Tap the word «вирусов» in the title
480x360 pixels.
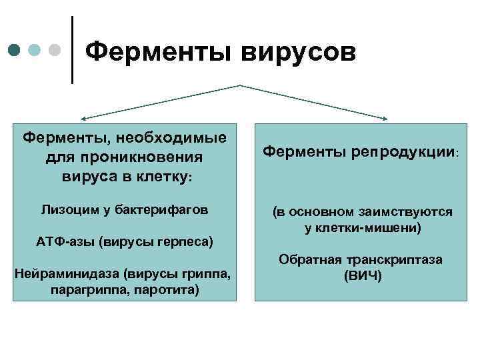pos(298,49)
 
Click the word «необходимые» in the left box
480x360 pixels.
pos(172,138)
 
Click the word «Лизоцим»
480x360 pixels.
pos(67,211)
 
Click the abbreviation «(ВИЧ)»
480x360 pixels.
pos(363,275)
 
